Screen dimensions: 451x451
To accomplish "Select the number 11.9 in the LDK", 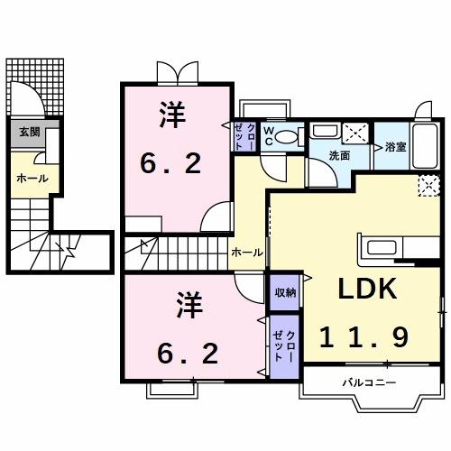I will [366, 336].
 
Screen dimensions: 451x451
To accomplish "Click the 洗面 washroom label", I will [339, 155].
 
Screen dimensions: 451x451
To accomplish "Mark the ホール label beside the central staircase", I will [246, 253].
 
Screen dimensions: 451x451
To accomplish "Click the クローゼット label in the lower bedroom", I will [284, 345].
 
